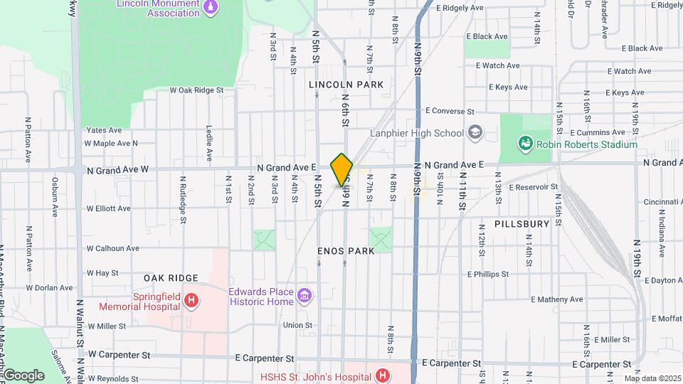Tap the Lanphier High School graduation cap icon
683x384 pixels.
(x=475, y=133)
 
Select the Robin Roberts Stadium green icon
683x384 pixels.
(x=525, y=144)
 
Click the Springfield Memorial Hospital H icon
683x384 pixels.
(x=190, y=302)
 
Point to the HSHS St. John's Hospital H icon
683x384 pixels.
(x=383, y=375)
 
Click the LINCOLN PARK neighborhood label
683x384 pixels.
(x=346, y=85)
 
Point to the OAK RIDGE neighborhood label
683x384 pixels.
(x=169, y=277)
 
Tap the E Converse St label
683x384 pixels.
(x=450, y=112)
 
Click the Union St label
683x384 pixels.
(x=297, y=325)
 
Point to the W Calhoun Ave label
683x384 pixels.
(x=113, y=248)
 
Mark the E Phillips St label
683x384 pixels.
(x=487, y=274)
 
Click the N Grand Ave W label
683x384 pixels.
(x=117, y=170)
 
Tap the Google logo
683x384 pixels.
(x=23, y=375)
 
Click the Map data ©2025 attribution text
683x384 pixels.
(x=652, y=378)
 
